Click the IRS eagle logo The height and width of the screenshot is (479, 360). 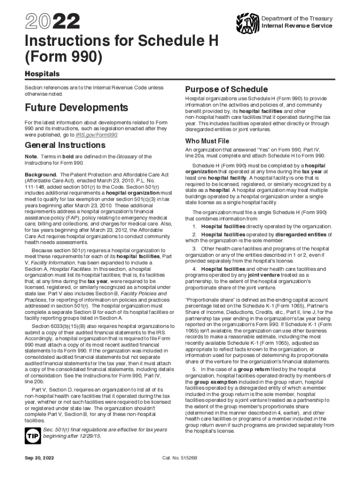247,22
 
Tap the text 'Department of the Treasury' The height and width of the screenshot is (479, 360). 296,18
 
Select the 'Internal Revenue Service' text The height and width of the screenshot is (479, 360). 296,26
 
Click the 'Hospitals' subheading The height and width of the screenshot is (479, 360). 42,74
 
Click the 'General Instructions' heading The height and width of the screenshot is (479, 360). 65,145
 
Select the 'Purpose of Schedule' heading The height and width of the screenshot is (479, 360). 226,89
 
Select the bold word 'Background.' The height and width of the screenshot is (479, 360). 41,174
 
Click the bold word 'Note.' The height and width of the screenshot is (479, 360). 31,156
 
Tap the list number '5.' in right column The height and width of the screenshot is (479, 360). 194,369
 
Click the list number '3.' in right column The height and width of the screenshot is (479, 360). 194,248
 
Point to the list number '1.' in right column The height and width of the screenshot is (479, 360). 194,226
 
